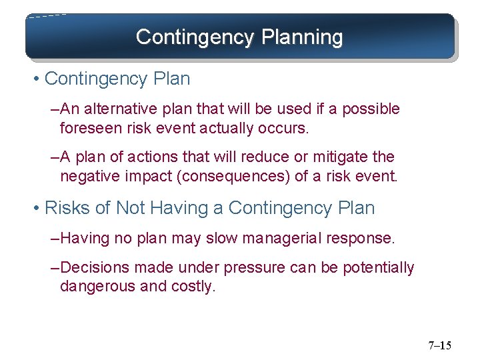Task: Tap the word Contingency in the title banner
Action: (x=193, y=37)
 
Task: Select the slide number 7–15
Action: (x=439, y=345)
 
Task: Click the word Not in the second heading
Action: (x=130, y=208)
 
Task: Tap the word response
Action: (x=364, y=238)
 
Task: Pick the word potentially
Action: (x=378, y=268)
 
